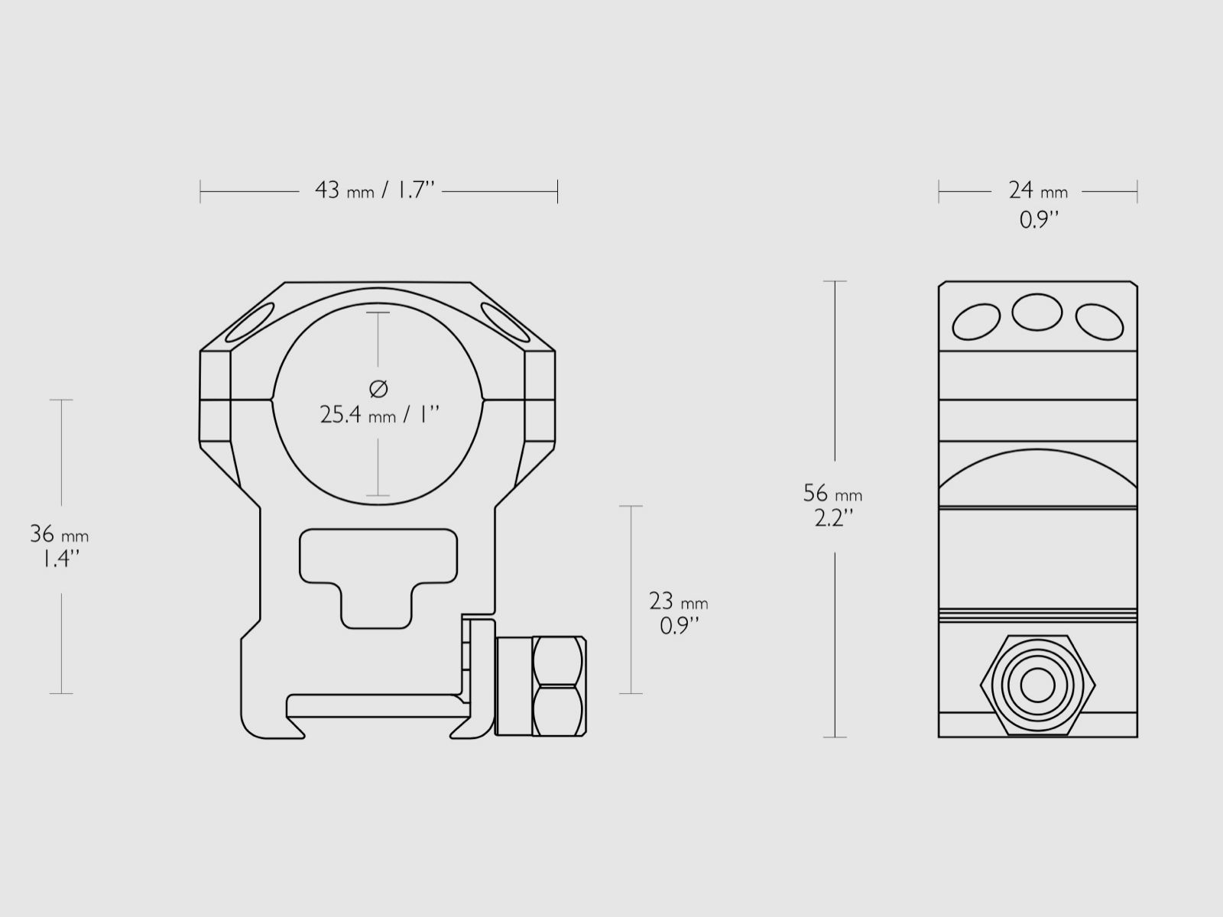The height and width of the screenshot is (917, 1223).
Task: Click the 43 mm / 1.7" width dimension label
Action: (x=375, y=190)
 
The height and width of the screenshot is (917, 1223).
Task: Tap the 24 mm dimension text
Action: (x=1037, y=191)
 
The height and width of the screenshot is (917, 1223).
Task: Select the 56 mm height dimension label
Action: (x=832, y=494)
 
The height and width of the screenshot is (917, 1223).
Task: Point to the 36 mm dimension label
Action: (x=59, y=534)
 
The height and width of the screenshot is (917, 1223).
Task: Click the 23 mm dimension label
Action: (x=678, y=601)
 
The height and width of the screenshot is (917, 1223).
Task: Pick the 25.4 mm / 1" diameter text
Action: (x=379, y=415)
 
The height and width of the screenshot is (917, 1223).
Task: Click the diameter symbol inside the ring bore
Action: (x=378, y=389)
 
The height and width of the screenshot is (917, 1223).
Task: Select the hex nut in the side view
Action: (x=1037, y=685)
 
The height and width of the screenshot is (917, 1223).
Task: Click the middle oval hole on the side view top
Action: (x=1037, y=312)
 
